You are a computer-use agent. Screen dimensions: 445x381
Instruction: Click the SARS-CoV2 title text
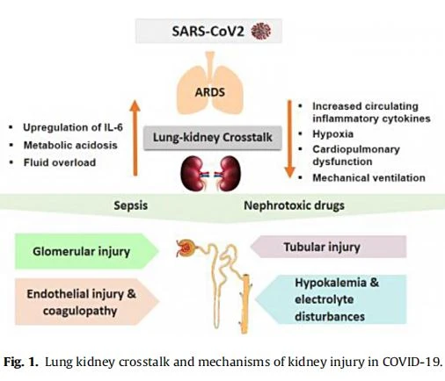click(x=208, y=32)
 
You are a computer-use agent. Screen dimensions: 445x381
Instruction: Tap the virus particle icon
click(x=261, y=32)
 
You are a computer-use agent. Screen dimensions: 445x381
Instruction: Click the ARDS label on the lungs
click(x=210, y=92)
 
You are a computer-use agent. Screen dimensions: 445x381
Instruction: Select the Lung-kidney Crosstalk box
click(x=213, y=138)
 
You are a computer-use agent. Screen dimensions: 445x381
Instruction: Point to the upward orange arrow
click(x=135, y=138)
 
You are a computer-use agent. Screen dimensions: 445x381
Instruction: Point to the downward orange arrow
click(x=289, y=139)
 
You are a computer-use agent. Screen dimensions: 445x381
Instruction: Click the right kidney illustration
click(x=228, y=173)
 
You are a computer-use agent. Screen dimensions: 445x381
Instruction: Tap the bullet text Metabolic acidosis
click(x=70, y=145)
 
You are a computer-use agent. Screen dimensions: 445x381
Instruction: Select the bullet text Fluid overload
click(x=60, y=162)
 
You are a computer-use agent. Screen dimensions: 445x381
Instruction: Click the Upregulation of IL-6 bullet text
click(x=73, y=127)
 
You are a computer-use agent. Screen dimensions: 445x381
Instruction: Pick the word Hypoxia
click(x=332, y=134)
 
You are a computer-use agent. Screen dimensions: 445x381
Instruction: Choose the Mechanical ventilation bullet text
click(x=368, y=177)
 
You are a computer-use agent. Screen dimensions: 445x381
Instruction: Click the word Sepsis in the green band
click(x=131, y=205)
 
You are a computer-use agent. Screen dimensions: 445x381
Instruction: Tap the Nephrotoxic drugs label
click(x=294, y=205)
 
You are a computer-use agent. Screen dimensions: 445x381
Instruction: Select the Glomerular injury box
click(x=87, y=251)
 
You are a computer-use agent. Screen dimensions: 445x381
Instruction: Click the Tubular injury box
click(x=328, y=247)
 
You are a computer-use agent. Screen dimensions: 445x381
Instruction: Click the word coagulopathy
click(x=80, y=311)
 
